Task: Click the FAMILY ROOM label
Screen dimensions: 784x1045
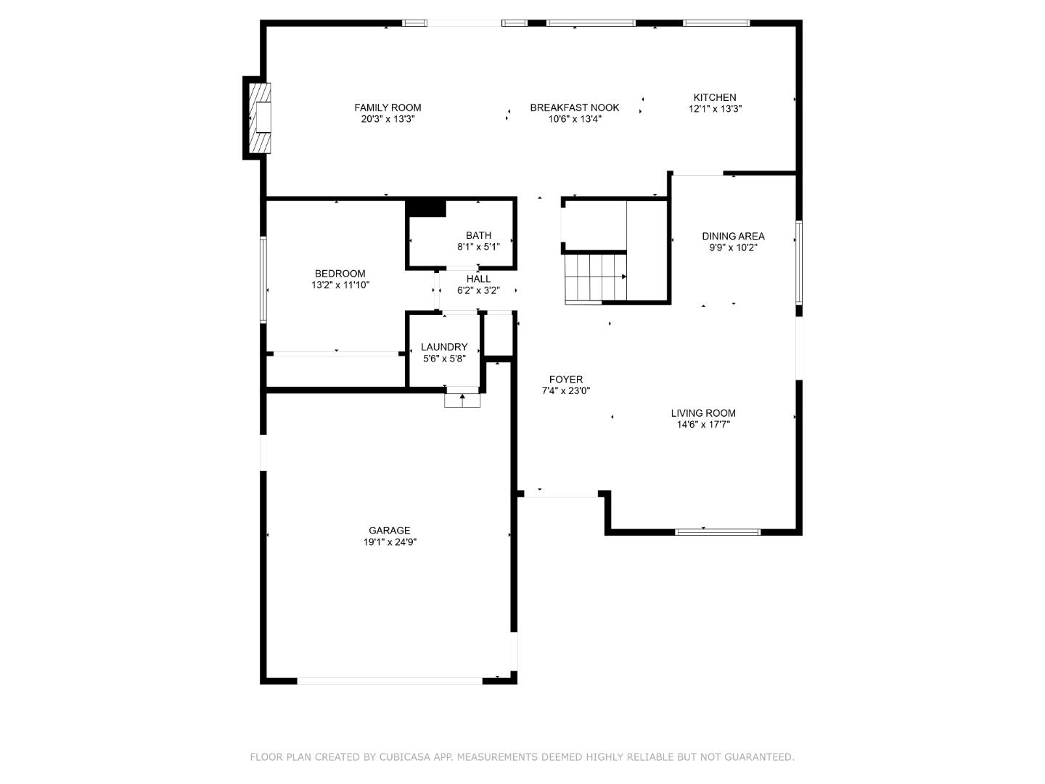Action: [388, 107]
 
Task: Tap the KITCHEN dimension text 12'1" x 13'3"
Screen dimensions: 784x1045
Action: [715, 109]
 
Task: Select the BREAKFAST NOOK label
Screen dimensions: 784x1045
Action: [574, 107]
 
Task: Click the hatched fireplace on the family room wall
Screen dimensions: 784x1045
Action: [260, 118]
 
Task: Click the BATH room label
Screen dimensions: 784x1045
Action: [478, 235]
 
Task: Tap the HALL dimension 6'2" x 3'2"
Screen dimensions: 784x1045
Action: [478, 290]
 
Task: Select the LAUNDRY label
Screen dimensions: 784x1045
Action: [444, 347]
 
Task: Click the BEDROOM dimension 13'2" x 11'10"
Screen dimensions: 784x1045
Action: [340, 285]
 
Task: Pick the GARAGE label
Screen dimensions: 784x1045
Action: [389, 531]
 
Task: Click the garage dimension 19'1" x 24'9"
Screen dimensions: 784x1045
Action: [390, 542]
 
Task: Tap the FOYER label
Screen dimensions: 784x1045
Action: [565, 380]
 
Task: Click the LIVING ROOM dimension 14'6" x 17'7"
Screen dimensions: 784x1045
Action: [703, 425]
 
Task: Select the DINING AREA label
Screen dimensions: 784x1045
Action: [733, 236]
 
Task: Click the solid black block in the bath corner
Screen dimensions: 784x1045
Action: [426, 208]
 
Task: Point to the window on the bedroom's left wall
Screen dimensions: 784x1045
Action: [264, 279]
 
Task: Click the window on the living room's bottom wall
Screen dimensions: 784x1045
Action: [717, 532]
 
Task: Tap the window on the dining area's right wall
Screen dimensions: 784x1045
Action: [798, 261]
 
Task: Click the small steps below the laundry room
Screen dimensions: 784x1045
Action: [462, 400]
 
